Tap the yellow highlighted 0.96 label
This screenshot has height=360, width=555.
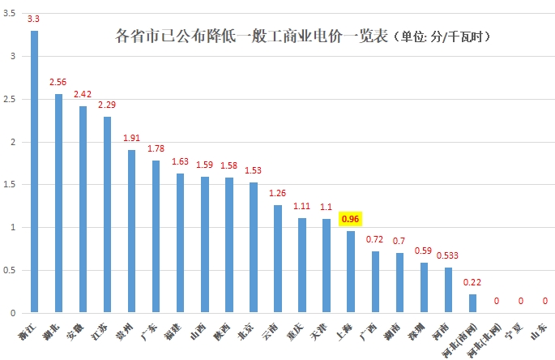coord(350,219)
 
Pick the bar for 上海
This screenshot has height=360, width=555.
coord(350,272)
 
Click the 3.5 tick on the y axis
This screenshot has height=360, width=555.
coord(11,14)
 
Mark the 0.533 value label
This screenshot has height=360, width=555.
coord(448,255)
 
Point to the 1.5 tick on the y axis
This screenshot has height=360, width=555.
coord(11,185)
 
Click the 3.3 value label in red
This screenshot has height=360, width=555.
coord(34,18)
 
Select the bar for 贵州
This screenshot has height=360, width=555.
coord(131,231)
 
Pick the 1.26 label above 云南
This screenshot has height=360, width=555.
coord(277,193)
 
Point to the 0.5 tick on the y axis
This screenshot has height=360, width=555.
coord(11,270)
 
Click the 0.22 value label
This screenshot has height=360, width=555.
coord(472,282)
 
